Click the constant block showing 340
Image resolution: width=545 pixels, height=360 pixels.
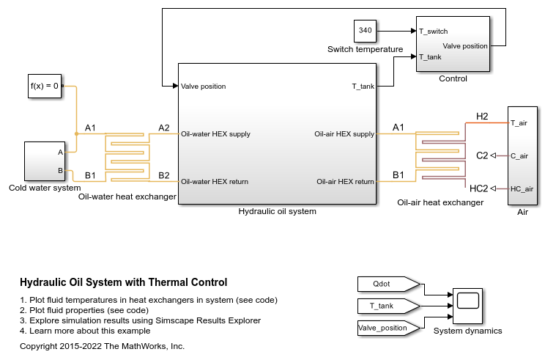pyautogui.click(x=365, y=32)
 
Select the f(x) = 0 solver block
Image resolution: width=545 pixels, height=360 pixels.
pyautogui.click(x=44, y=86)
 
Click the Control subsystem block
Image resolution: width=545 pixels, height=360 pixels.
pyautogui.click(x=452, y=44)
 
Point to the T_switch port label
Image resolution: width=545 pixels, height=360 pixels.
pyautogui.click(x=434, y=32)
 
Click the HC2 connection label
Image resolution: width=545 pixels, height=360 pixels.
pyautogui.click(x=478, y=188)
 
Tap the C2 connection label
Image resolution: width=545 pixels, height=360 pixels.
pyautogui.click(x=482, y=155)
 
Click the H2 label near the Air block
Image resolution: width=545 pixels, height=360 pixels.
pyautogui.click(x=481, y=117)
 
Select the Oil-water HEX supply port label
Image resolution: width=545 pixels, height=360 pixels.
pyautogui.click(x=215, y=134)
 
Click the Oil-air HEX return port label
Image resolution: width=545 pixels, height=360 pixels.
pyautogui.click(x=345, y=181)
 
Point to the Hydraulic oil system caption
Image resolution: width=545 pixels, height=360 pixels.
pyautogui.click(x=277, y=212)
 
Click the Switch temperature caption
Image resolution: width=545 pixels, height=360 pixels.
pyautogui.click(x=365, y=49)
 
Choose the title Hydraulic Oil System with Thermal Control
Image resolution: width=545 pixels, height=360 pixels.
pyautogui.click(x=123, y=282)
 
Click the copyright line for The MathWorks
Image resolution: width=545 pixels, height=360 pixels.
pyautogui.click(x=102, y=346)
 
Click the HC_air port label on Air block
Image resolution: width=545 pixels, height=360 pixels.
pyautogui.click(x=522, y=188)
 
